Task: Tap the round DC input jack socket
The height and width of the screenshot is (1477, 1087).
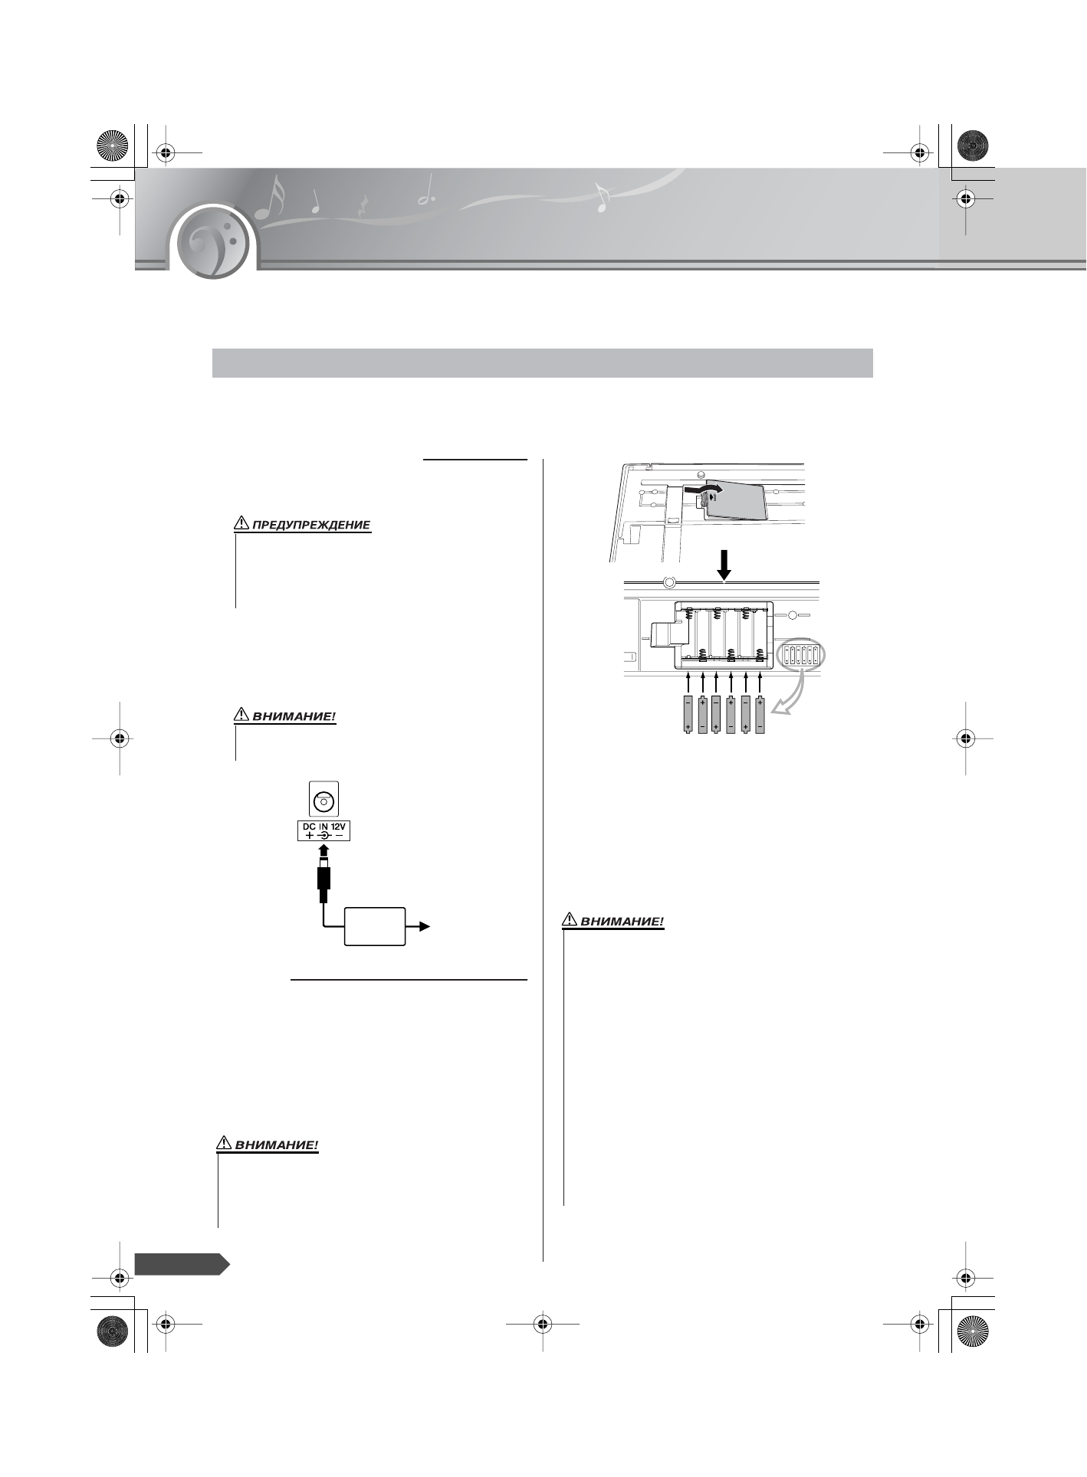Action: tap(323, 801)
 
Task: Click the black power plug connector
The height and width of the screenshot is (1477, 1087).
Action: tap(323, 881)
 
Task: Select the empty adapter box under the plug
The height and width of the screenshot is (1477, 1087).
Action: tap(375, 926)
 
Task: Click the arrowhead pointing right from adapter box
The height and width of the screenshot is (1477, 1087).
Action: tap(424, 926)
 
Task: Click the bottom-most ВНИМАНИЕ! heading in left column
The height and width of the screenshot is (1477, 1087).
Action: tap(276, 1146)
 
